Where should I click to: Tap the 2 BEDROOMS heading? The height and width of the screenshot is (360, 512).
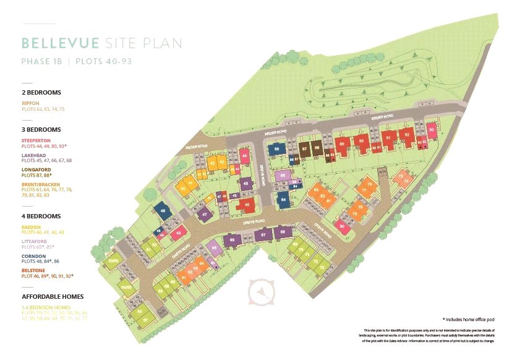pyautogui.click(x=41, y=92)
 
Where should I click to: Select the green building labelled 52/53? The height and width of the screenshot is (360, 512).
pyautogui.click(x=113, y=262)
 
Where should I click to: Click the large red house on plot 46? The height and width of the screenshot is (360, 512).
pyautogui.click(x=247, y=205)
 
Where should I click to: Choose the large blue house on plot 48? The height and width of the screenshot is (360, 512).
pyautogui.click(x=163, y=211)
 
